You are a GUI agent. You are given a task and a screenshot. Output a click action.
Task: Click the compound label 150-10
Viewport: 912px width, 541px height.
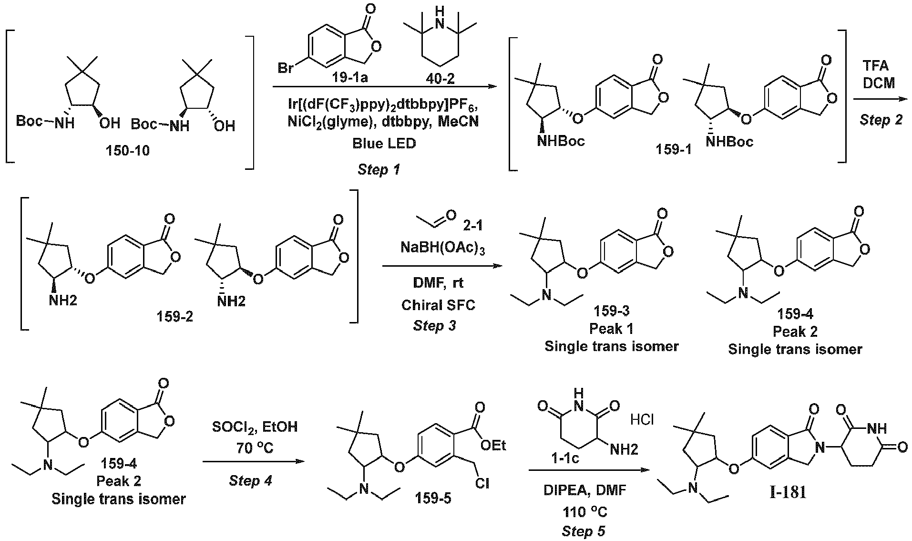[129, 151]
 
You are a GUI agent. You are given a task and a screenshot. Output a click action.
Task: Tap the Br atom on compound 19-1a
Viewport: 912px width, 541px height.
[286, 69]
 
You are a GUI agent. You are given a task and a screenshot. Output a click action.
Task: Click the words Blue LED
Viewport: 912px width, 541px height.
[384, 143]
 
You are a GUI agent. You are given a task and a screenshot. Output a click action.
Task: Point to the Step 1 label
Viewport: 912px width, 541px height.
[379, 169]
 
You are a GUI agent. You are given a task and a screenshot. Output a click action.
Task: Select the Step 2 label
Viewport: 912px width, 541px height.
[881, 120]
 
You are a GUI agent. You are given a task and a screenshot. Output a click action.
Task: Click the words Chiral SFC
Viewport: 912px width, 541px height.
[438, 305]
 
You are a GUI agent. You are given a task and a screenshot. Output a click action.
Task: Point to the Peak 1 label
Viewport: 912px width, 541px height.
[612, 329]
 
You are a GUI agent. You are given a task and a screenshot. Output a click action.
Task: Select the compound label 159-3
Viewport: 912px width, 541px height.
[612, 311]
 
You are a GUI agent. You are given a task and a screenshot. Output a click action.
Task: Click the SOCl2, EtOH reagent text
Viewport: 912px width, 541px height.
[255, 427]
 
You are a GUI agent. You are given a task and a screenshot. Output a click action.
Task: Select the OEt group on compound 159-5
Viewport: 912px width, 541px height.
[493, 445]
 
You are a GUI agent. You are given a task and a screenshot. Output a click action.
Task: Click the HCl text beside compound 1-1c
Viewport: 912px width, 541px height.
[642, 420]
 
